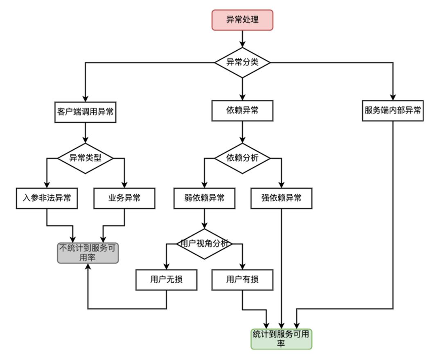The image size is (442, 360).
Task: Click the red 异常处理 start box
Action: pyautogui.click(x=242, y=20)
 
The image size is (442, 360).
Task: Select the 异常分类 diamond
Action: pyautogui.click(x=242, y=63)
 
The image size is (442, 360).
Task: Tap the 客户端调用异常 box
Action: pyautogui.click(x=86, y=112)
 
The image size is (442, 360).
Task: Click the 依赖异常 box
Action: pyautogui.click(x=242, y=111)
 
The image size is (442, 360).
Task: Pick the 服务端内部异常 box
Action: pyautogui.click(x=392, y=111)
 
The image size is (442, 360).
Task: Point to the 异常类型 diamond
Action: pyautogui.click(x=86, y=158)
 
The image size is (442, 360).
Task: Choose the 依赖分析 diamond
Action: pyautogui.click(x=242, y=158)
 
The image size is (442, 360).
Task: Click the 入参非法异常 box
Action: pyautogui.click(x=47, y=198)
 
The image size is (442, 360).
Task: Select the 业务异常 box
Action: pyautogui.click(x=124, y=198)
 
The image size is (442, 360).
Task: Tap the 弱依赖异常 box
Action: pyautogui.click(x=204, y=198)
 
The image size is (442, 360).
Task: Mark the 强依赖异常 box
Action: pyautogui.click(x=281, y=198)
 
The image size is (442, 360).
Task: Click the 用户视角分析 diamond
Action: pyautogui.click(x=204, y=244)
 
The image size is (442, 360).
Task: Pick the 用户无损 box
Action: pyautogui.click(x=166, y=280)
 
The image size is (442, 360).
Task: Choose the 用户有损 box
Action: pyautogui.click(x=242, y=280)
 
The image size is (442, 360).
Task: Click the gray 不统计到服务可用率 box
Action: pyautogui.click(x=88, y=253)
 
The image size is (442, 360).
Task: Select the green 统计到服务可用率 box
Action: pyautogui.click(x=281, y=339)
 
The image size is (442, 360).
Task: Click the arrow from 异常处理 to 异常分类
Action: pyautogui.click(x=242, y=39)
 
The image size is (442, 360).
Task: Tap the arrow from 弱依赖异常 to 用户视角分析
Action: pyautogui.click(x=204, y=219)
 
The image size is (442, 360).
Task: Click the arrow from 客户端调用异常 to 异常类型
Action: pyautogui.click(x=86, y=133)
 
